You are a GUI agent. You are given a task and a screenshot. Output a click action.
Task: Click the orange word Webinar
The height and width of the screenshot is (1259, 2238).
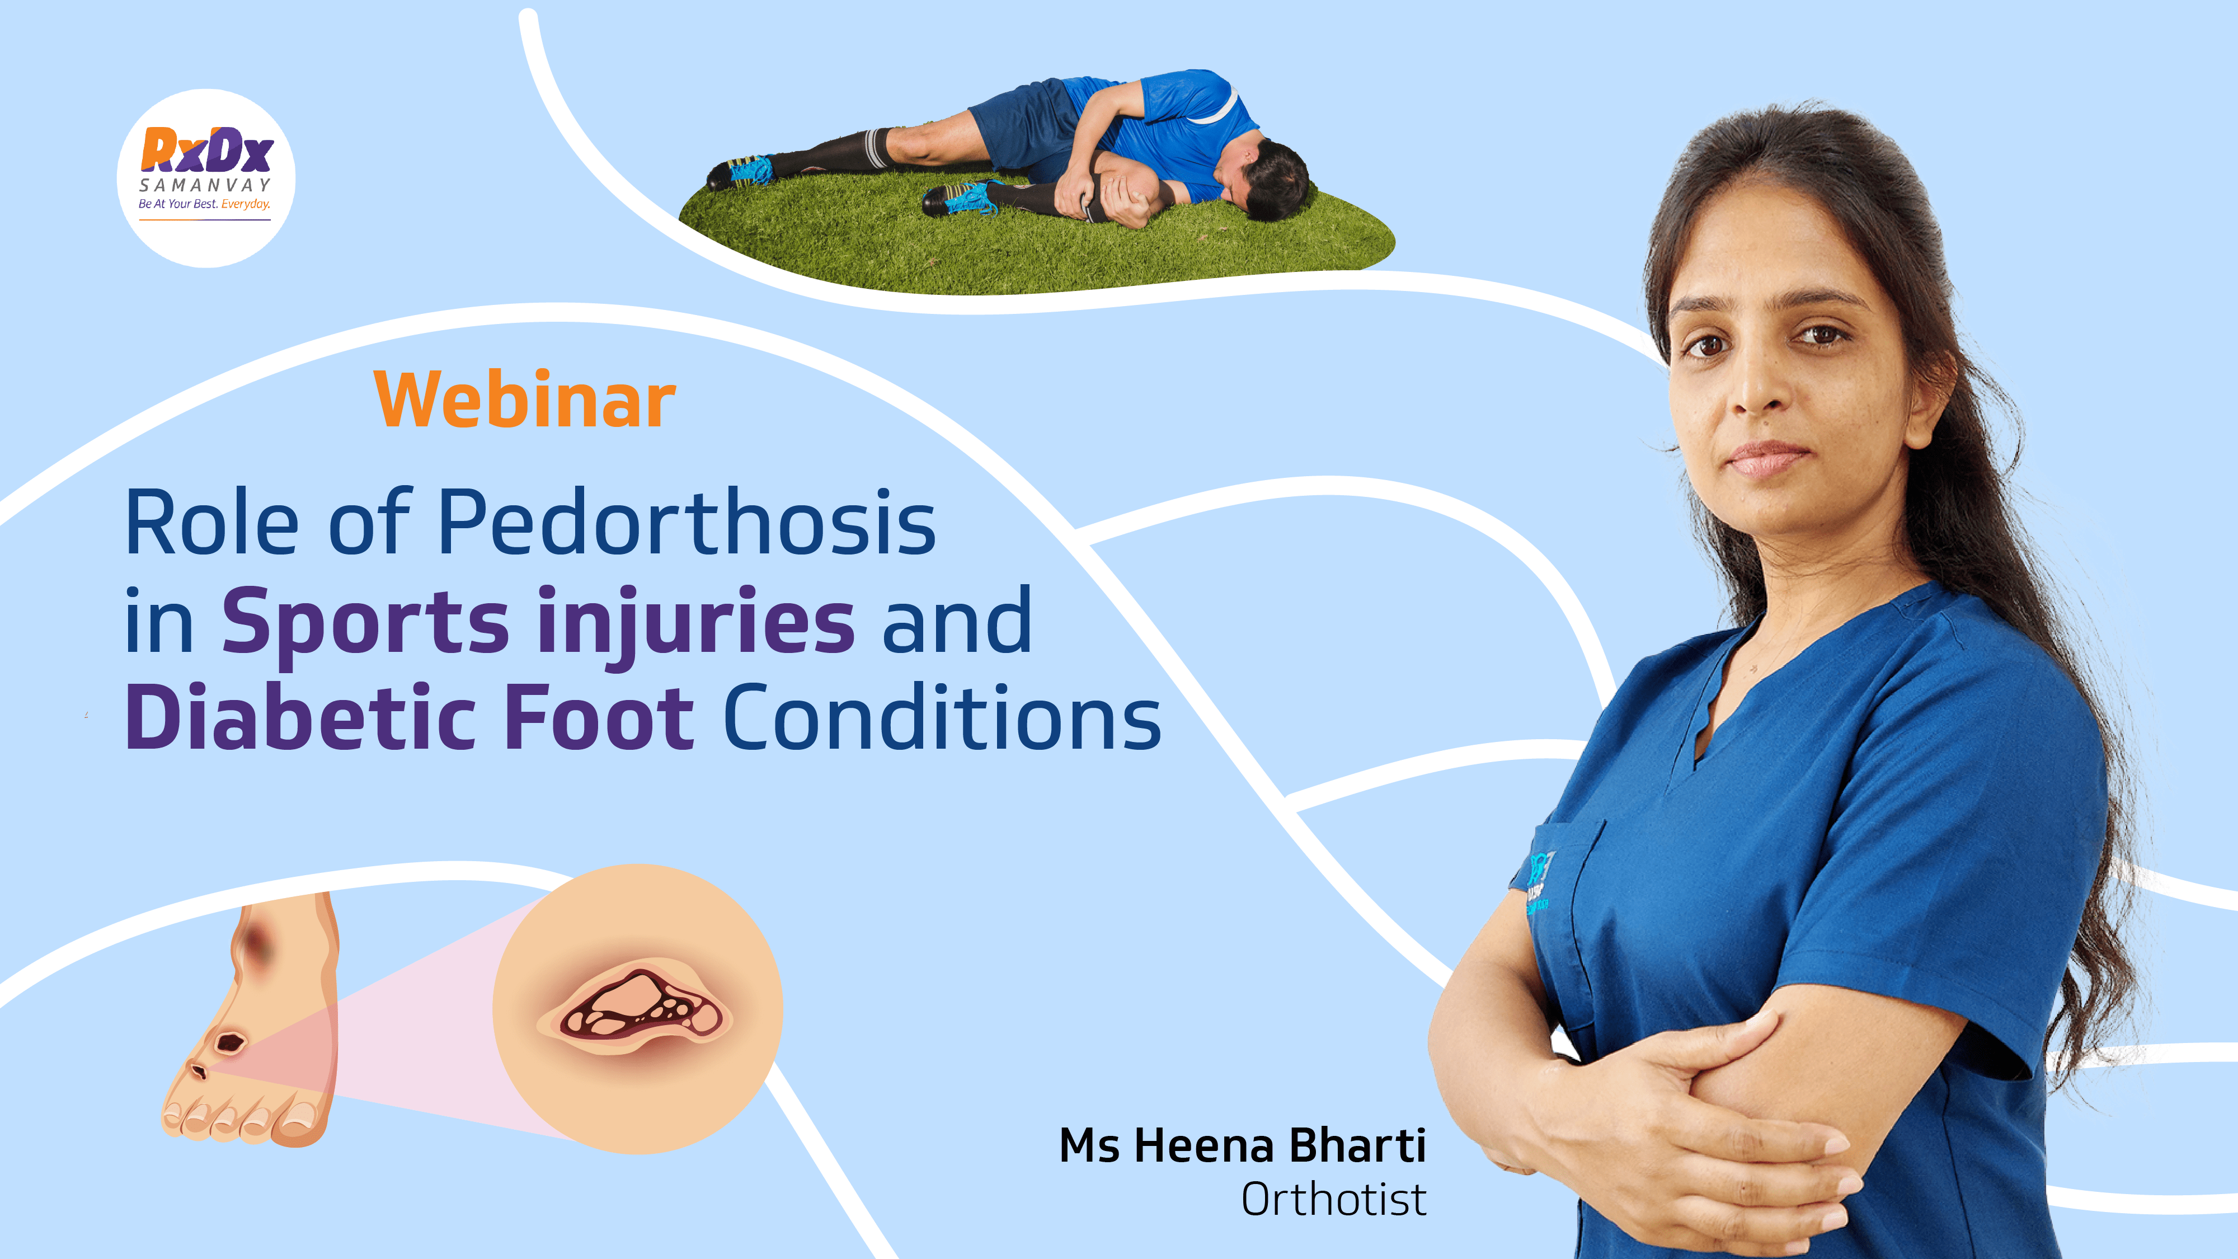pyautogui.click(x=525, y=399)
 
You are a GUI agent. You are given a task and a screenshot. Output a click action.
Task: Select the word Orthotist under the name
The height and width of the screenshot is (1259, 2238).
pyautogui.click(x=1334, y=1200)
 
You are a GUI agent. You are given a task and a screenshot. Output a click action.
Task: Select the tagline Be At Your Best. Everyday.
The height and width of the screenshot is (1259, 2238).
pyautogui.click(x=205, y=204)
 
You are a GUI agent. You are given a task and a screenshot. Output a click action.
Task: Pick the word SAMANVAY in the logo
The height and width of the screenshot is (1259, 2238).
pyautogui.click(x=205, y=185)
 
